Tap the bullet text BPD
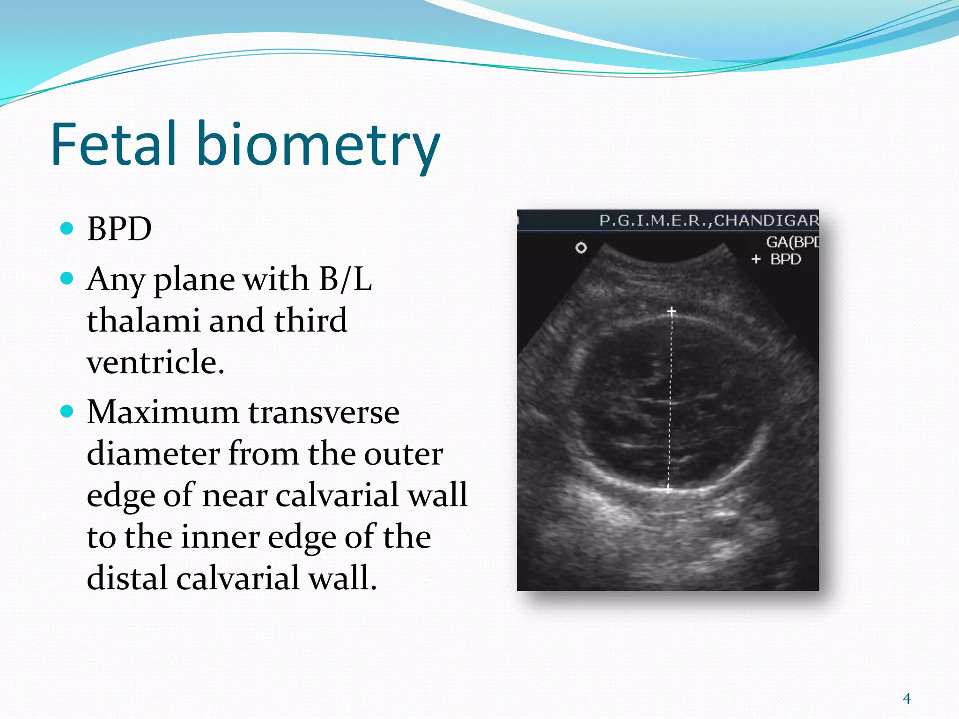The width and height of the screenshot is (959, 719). [x=119, y=229]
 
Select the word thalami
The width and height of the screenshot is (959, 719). [x=143, y=321]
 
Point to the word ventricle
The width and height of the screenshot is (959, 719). [x=155, y=362]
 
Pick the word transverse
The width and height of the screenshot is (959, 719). [x=324, y=412]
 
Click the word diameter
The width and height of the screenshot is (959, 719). [x=153, y=454]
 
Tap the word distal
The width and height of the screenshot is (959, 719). [x=126, y=578]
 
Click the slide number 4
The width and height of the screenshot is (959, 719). [x=907, y=698]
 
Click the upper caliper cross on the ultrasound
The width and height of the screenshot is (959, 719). [x=671, y=311]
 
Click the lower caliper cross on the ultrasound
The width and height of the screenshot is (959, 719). [x=668, y=489]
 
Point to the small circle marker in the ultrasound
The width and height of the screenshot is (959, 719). [x=581, y=248]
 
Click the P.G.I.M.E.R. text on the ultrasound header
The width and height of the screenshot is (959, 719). [x=654, y=220]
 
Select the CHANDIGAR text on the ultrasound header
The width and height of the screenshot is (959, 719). [x=766, y=220]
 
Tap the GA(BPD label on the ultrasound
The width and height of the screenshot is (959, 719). [x=791, y=242]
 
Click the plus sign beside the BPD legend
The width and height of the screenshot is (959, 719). [x=756, y=259]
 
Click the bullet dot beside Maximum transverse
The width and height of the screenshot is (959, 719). [x=67, y=411]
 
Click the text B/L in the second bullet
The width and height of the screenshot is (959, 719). [x=346, y=279]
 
